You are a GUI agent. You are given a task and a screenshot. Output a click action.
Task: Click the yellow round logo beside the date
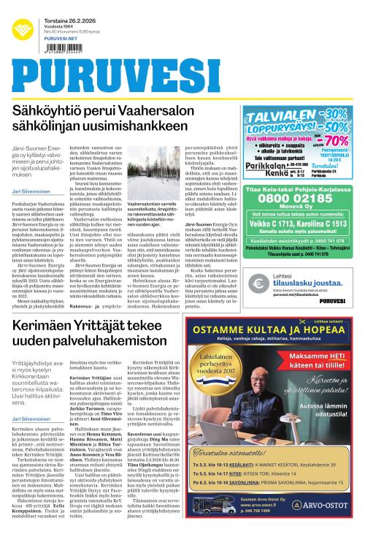coord(23,28)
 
